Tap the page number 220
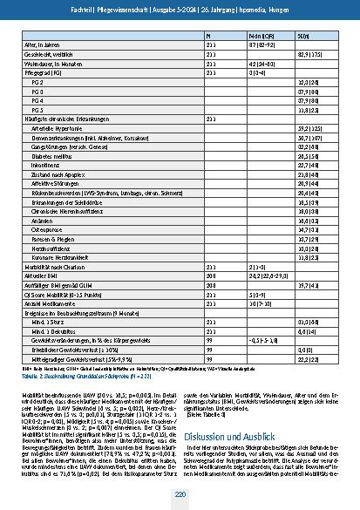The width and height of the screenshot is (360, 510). click(x=179, y=495)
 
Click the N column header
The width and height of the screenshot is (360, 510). click(x=207, y=34)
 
